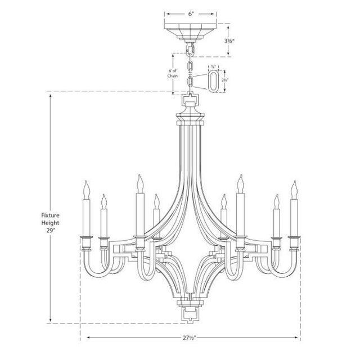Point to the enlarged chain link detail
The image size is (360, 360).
point(214,80)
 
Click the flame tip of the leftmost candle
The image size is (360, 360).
point(85,186)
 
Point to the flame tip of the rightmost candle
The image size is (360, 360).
point(293,186)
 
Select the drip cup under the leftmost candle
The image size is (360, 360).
point(85,238)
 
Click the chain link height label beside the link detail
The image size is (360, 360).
point(225,80)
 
